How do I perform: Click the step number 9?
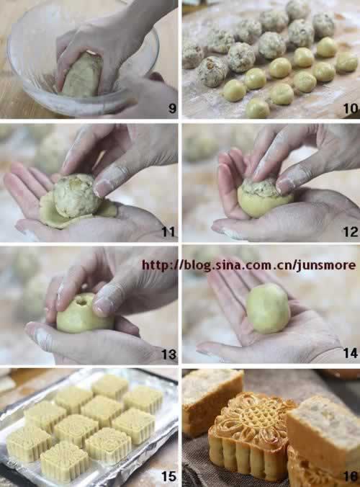tap(172, 108)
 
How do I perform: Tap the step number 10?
tap(351, 108)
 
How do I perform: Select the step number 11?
tap(168, 232)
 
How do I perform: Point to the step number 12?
tap(351, 232)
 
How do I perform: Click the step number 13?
tap(168, 354)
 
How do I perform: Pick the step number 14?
tap(351, 353)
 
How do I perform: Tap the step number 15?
tap(168, 476)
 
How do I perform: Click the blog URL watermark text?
tap(248, 266)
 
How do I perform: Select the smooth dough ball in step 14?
tap(268, 308)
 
